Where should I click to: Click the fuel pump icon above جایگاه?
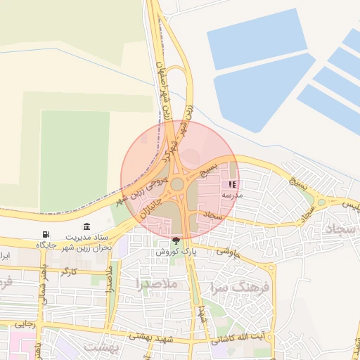click(x=46, y=234)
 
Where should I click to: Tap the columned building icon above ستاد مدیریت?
click(x=86, y=226)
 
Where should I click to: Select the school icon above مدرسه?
click(x=232, y=184)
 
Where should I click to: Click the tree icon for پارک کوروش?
click(x=176, y=240)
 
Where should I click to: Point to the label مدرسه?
click(x=232, y=194)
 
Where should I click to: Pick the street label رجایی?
click(x=25, y=324)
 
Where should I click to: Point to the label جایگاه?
click(x=46, y=245)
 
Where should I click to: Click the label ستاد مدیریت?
click(x=88, y=237)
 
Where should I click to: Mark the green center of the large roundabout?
click(x=176, y=184)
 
